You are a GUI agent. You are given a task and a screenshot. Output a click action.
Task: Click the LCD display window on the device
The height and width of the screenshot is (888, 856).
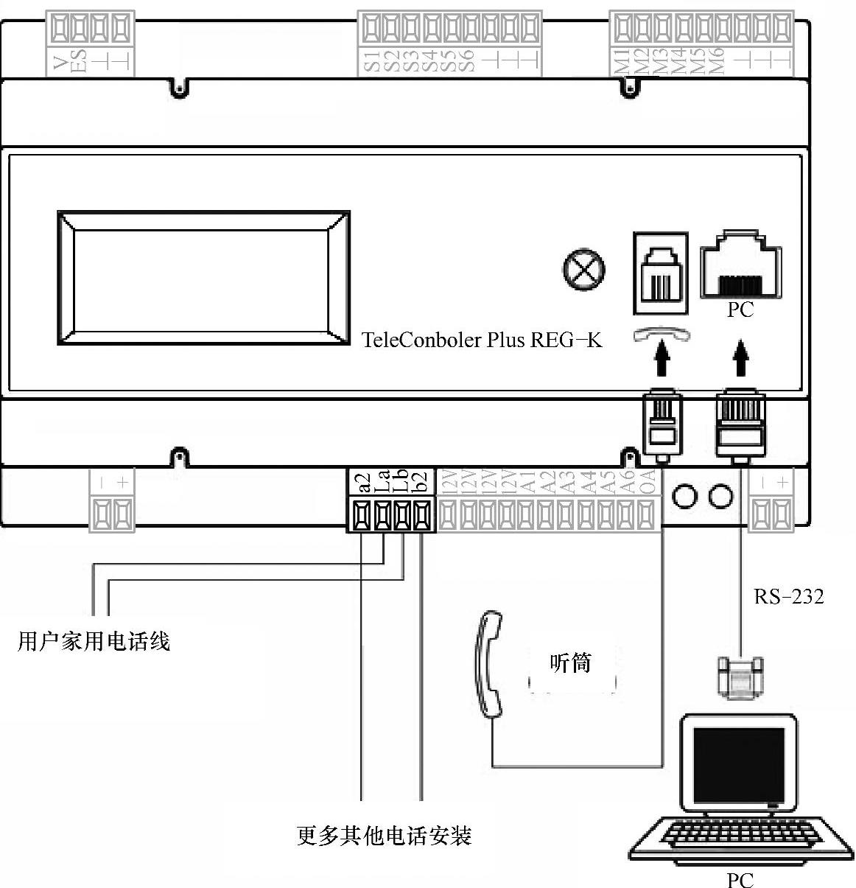point(203,278)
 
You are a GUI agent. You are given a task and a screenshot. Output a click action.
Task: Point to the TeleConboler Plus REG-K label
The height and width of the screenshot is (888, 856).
point(482,340)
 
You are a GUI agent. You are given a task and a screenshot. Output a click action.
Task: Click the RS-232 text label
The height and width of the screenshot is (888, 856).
point(789,596)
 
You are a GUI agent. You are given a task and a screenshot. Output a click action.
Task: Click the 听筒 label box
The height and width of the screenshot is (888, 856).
point(571,663)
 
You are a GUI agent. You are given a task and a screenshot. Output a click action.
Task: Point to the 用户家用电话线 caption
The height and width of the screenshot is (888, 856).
point(94,641)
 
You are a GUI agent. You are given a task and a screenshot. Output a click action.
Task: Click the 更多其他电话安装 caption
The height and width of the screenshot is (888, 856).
point(384,836)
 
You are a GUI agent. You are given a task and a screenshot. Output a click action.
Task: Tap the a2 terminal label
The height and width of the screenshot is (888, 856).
point(362,482)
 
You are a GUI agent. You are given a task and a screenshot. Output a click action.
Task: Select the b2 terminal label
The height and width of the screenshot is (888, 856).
point(421,482)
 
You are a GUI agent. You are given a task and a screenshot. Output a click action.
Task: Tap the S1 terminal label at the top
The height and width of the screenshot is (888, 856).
point(372,61)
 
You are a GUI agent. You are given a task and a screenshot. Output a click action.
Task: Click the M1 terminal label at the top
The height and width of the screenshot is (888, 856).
point(621,61)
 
